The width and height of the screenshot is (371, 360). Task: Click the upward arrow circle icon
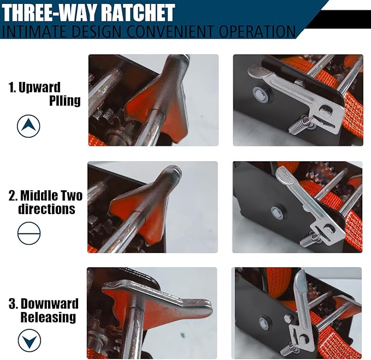28,127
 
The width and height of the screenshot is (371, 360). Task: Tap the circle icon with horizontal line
28,234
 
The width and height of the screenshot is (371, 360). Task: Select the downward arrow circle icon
28,341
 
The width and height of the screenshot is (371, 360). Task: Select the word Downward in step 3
50,304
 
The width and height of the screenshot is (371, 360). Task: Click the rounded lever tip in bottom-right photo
300,279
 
